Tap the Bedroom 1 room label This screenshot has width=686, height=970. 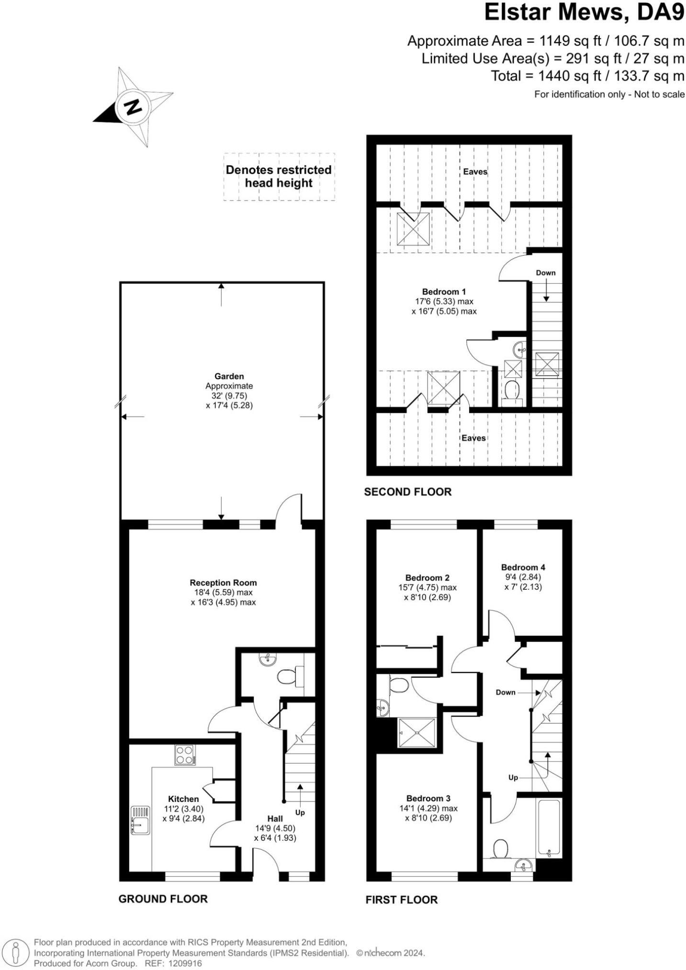[x=444, y=292]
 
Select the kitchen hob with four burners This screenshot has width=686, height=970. [x=185, y=755]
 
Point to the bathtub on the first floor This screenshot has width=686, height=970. [x=549, y=828]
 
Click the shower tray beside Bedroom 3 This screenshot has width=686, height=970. [x=417, y=732]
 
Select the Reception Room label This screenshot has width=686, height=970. [x=223, y=583]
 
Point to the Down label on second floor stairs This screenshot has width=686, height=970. [x=546, y=273]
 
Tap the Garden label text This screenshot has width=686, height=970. [x=229, y=377]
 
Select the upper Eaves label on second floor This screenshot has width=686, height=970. [x=475, y=171]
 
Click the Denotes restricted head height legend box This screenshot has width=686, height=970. [x=279, y=177]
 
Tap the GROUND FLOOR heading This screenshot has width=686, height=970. [x=163, y=899]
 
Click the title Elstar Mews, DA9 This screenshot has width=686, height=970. [x=585, y=13]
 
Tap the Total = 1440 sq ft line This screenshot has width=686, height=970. [x=587, y=76]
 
